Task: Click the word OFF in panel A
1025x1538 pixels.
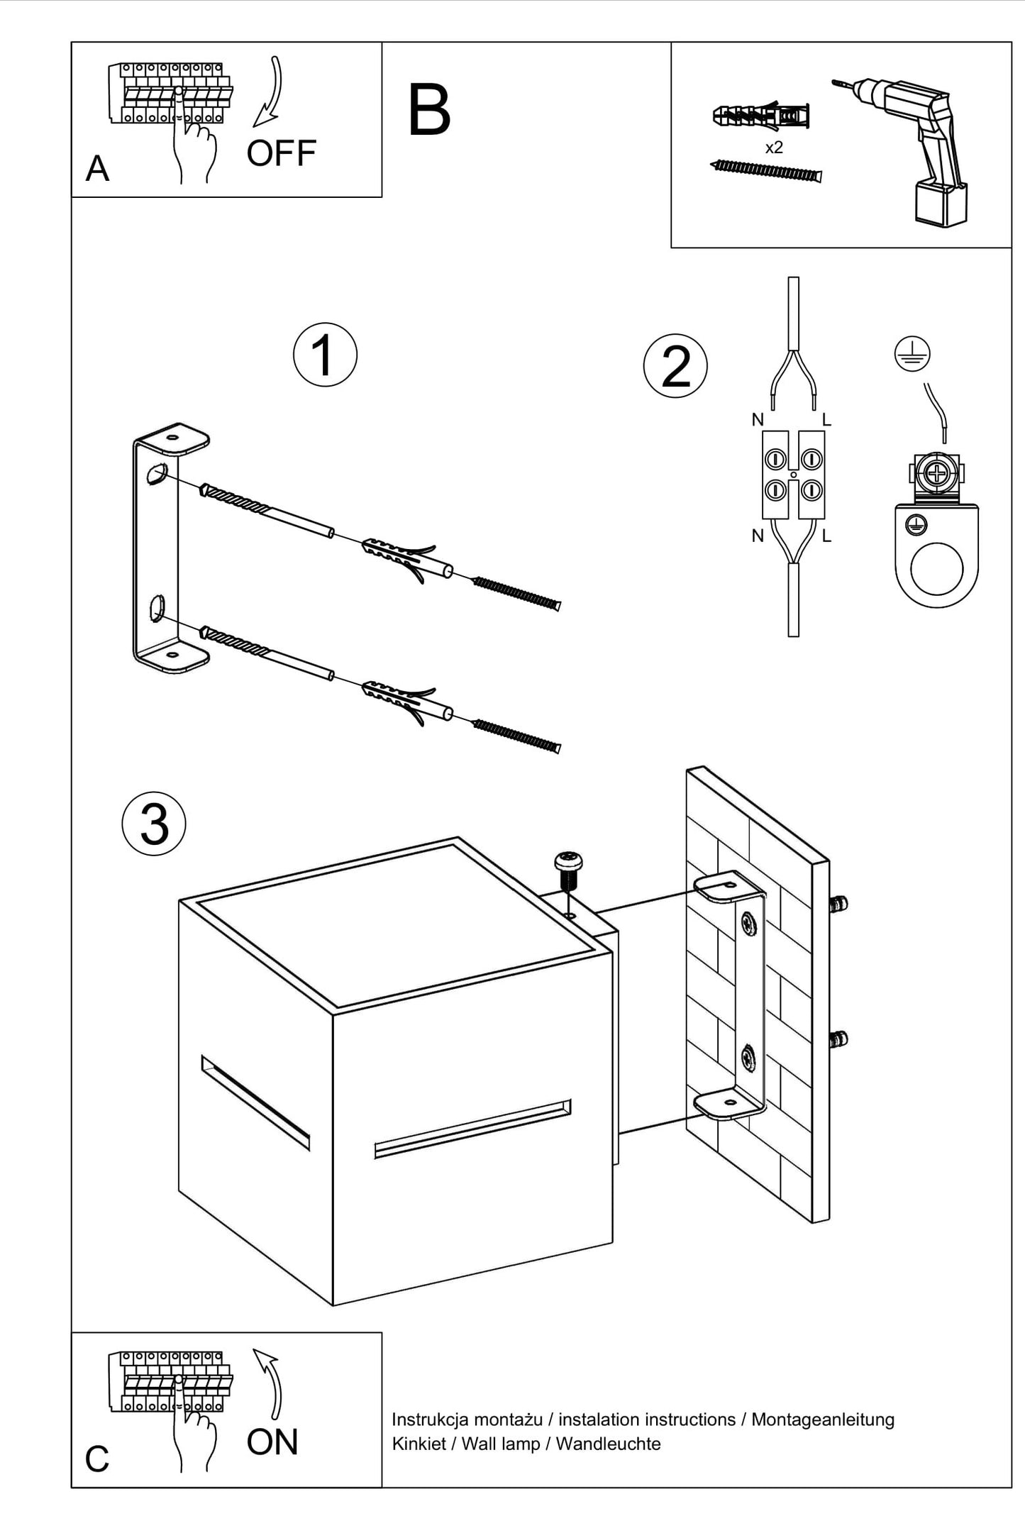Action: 281,153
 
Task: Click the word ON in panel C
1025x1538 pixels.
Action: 272,1442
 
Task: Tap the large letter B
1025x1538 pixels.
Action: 429,111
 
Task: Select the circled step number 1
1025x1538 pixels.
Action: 325,355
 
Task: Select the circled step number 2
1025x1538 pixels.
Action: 675,367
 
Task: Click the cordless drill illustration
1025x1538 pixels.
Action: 908,148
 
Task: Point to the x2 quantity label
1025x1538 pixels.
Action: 774,148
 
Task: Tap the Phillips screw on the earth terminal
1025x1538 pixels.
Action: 937,472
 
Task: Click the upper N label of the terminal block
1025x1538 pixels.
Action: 758,420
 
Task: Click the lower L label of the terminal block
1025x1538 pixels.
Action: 826,536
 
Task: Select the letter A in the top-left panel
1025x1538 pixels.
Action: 97,169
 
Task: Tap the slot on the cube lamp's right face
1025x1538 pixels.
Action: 472,1131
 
